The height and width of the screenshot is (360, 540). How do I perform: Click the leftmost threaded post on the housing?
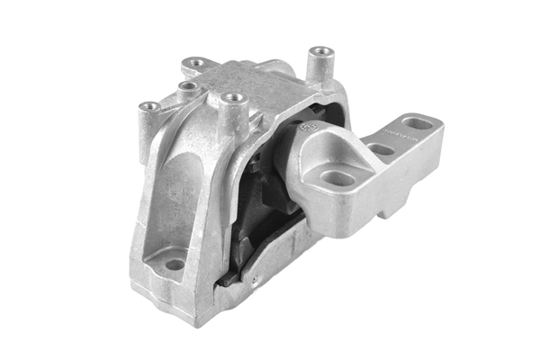pos(150,107)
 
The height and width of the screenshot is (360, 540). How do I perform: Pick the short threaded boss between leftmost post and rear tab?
pos(187,86)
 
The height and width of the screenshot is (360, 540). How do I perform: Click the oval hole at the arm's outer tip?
pos(414,123)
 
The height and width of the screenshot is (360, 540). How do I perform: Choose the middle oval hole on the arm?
pos(381,149)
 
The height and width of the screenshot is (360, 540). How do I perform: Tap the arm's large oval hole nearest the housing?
pos(338,178)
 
